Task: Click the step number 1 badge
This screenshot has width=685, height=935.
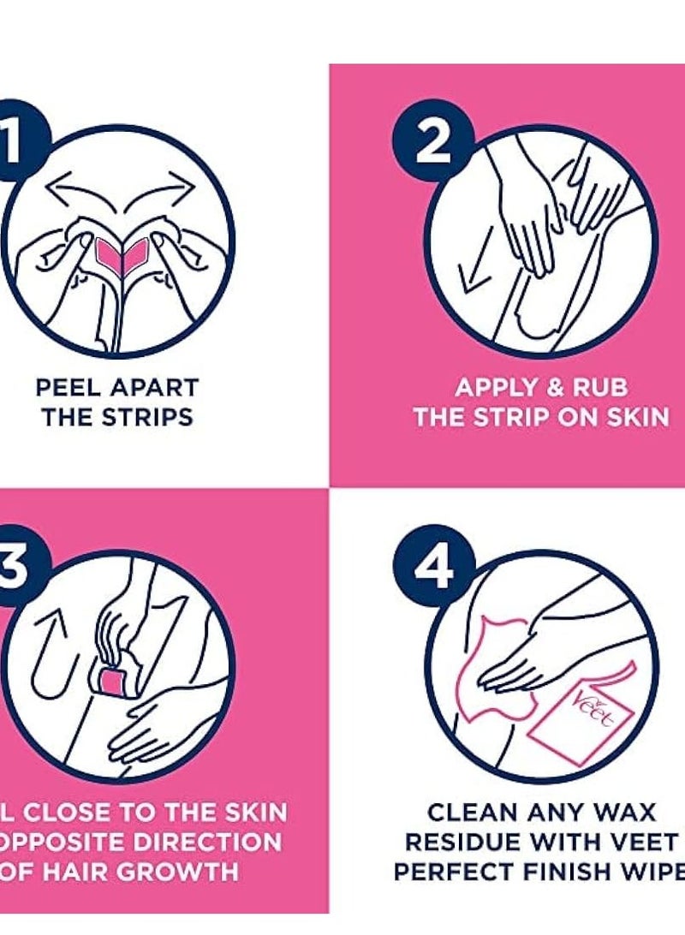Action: [x=15, y=141]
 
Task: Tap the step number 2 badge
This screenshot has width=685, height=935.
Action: [x=433, y=142]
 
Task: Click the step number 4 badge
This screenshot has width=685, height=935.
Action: [x=433, y=566]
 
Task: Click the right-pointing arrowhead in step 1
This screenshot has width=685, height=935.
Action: [x=182, y=183]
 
